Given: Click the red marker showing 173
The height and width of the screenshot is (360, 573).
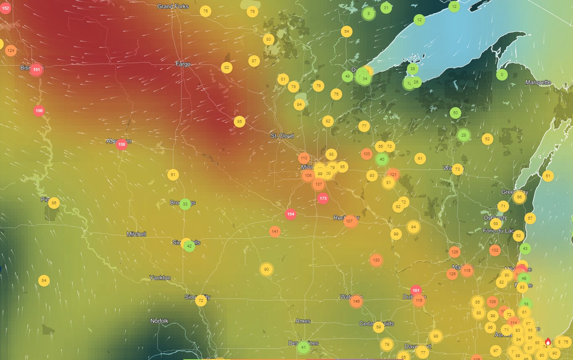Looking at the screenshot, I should point(323,198).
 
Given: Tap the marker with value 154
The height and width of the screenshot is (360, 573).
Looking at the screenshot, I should point(291,214).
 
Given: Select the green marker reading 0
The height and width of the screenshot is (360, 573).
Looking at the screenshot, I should point(502,75).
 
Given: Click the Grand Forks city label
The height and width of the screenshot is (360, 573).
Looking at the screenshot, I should point(173,6).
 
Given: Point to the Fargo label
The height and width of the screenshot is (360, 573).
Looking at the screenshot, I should point(183,64).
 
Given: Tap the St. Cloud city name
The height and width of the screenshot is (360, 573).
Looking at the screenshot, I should point(282,136).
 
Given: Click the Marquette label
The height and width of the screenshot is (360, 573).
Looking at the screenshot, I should point(538,82).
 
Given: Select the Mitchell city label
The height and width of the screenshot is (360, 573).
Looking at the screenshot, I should point(136,234).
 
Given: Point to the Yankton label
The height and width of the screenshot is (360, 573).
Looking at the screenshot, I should point(160,277).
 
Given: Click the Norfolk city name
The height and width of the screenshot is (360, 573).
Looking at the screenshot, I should point(159,321).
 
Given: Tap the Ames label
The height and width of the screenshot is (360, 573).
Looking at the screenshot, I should point(303,321).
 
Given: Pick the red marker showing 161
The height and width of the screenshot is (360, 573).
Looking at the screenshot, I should point(416,290).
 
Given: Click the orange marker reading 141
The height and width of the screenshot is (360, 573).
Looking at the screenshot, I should point(275,231).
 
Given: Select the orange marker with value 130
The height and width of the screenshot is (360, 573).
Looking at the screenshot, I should point(376,260).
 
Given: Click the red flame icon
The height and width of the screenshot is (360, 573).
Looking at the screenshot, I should point(548,341).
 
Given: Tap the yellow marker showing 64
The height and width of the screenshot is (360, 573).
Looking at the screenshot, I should point(44,281).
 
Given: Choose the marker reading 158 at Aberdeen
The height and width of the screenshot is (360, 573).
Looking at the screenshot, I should point(122,144).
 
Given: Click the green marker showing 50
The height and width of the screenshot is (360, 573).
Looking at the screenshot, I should point(455,113).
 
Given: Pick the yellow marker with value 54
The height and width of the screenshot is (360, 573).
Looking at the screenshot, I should point(347,32).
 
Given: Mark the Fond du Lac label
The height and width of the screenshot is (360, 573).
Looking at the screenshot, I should point(498,231).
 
